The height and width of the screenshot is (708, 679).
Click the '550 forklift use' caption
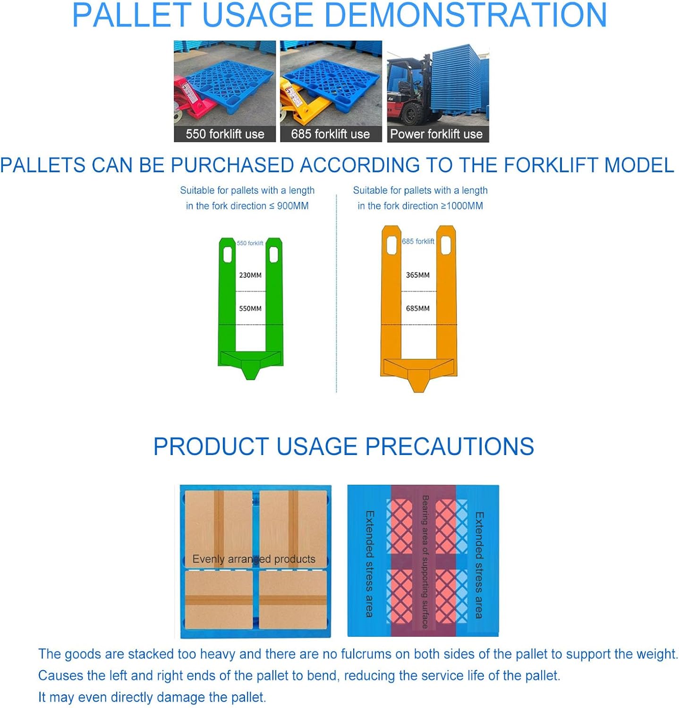point(225,134)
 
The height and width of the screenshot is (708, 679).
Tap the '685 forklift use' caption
point(330,134)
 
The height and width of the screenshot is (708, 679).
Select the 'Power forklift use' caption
point(436,134)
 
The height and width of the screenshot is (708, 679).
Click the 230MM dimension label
point(250,275)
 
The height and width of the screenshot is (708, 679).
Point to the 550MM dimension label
point(250,309)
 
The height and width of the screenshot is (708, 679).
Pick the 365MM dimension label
point(418,275)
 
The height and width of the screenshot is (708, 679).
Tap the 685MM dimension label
point(418,309)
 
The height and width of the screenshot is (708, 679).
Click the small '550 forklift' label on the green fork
point(250,244)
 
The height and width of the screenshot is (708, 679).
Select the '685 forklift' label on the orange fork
point(418,242)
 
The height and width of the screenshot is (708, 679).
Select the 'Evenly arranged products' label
point(254,559)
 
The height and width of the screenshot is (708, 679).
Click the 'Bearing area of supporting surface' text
point(424,562)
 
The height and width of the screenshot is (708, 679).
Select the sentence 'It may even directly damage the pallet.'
point(152,697)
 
